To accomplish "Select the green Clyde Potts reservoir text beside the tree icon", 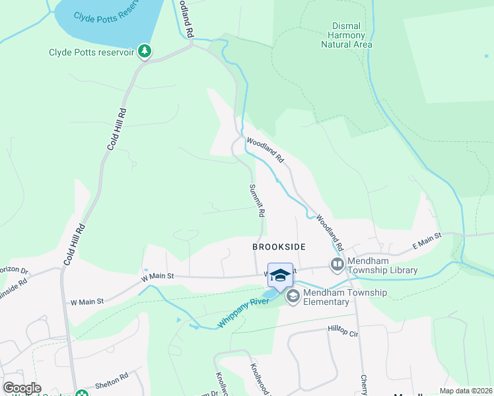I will point(91,52).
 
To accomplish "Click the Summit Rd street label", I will point(256,201).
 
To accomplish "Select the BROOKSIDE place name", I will point(279,246).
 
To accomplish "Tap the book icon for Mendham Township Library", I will point(337,265).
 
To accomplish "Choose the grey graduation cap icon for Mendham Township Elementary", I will point(292,298).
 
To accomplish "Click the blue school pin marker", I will point(280,275).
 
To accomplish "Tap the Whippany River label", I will point(244,314).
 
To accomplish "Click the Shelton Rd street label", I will point(111,379).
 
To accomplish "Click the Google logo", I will point(22,388).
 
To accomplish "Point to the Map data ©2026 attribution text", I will point(466,391).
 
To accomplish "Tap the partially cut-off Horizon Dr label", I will point(14,271).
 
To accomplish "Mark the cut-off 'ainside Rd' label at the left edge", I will point(13,282).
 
